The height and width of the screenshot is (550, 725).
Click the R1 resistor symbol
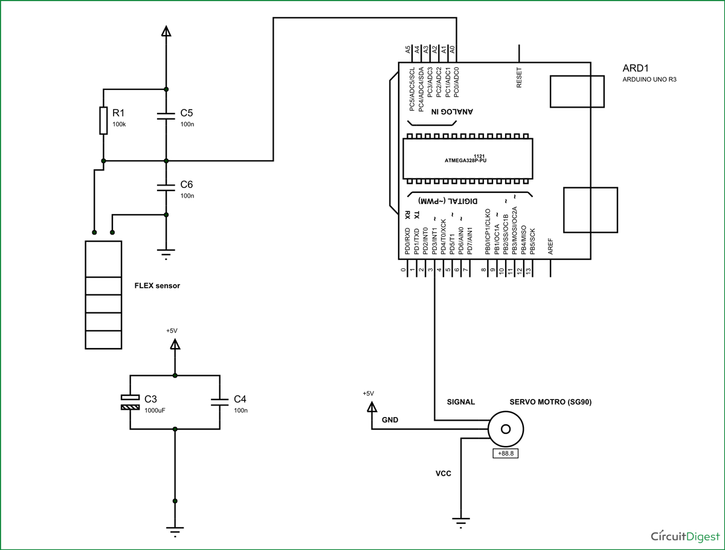click(x=103, y=121)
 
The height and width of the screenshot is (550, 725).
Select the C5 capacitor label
click(x=187, y=113)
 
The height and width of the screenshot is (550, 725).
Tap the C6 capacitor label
click(x=187, y=184)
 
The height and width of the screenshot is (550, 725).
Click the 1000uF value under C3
click(x=155, y=410)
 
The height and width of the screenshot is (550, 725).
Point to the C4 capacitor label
click(x=240, y=400)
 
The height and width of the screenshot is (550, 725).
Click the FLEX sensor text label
click(x=157, y=286)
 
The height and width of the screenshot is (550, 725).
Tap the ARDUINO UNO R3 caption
click(x=649, y=80)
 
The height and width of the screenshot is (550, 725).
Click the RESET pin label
click(x=519, y=78)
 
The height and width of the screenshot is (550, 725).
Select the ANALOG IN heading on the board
click(x=452, y=112)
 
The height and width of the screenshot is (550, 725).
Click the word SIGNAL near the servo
click(x=460, y=402)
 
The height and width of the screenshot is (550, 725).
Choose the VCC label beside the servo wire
click(x=443, y=474)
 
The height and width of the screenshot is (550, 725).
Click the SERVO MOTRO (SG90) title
click(x=550, y=402)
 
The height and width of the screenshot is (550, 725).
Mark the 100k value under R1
click(x=119, y=125)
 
